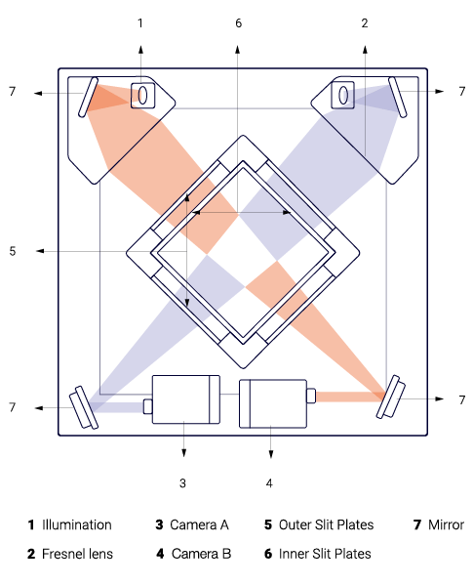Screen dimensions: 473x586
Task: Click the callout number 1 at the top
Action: click(140, 23)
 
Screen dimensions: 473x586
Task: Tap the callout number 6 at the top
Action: click(239, 23)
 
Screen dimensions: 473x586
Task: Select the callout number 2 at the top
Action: click(365, 23)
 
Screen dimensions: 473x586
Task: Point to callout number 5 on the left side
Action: click(13, 251)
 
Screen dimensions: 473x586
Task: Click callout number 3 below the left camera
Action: click(182, 483)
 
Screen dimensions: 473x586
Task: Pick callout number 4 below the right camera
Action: click(269, 483)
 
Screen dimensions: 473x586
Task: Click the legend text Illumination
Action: click(76, 524)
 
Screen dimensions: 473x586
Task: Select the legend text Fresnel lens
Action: click(77, 554)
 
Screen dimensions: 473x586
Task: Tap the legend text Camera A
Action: click(199, 524)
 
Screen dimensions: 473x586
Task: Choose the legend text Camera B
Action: click(201, 554)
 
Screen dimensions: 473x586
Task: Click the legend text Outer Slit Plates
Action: click(326, 524)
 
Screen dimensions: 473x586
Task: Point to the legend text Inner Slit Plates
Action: click(325, 554)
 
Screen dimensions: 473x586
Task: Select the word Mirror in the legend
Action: click(446, 524)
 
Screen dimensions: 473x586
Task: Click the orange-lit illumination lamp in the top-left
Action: click(142, 96)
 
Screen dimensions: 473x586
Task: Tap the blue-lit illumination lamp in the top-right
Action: click(343, 96)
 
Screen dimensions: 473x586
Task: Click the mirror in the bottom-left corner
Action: click(84, 407)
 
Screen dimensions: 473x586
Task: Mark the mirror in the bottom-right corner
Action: click(390, 397)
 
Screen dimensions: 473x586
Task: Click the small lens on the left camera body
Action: click(148, 406)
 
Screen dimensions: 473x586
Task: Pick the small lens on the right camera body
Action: click(311, 396)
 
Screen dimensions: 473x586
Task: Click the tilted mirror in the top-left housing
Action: click(88, 98)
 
